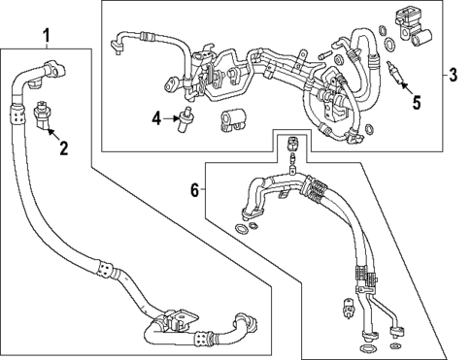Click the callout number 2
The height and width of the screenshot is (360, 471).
64,148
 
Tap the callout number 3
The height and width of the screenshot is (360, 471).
454,76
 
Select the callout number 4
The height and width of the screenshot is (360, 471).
156,118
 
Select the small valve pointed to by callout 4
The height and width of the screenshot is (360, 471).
183,119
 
